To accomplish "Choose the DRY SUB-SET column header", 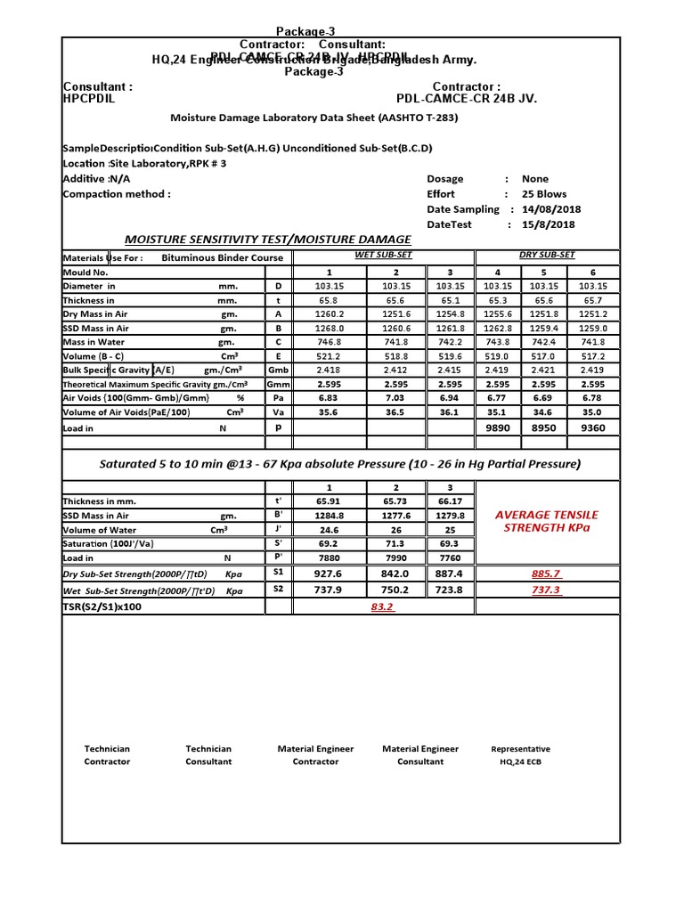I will [546, 256].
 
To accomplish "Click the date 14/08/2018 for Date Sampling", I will [550, 209].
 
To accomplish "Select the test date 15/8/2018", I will [545, 224].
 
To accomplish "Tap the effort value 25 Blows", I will [545, 194].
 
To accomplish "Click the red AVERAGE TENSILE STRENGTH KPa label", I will [546, 522].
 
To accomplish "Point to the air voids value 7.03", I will [395, 398].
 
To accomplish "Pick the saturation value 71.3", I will [395, 543].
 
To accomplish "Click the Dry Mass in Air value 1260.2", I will [328, 313].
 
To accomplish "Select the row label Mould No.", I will [85, 272].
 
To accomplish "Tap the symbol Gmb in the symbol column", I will [278, 370].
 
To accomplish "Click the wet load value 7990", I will [395, 558].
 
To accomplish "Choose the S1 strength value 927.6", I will [328, 574].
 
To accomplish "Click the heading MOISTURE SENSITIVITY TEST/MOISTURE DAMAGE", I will [267, 240].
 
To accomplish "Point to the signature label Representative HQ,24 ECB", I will [520, 755].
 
